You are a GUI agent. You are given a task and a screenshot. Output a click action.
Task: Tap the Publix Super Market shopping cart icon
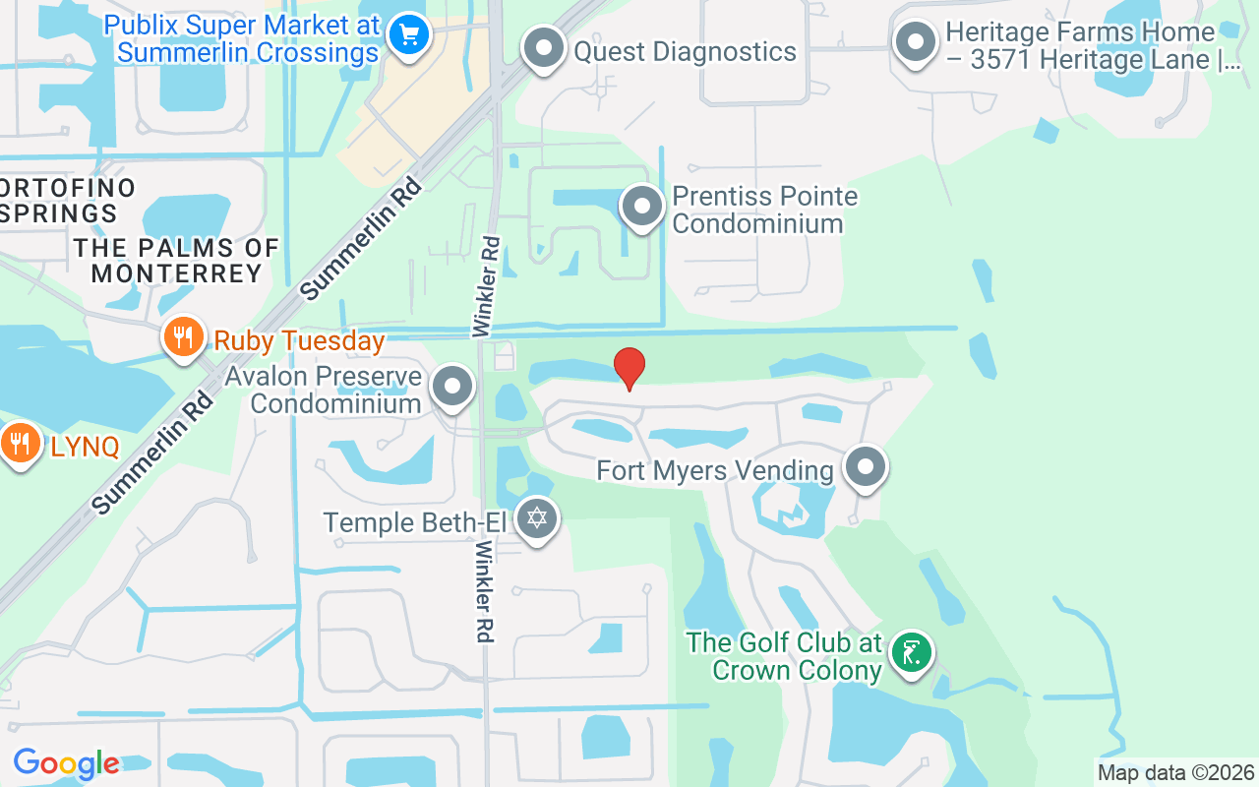tap(407, 36)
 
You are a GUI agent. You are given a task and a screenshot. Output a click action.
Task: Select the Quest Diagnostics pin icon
tap(543, 47)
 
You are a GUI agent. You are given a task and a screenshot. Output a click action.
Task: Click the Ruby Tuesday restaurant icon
tap(182, 337)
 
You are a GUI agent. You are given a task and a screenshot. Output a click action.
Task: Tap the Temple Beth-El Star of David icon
tap(536, 517)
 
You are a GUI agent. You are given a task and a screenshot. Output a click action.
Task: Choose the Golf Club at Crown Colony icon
tap(912, 652)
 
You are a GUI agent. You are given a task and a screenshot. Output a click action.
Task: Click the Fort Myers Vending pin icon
tap(866, 467)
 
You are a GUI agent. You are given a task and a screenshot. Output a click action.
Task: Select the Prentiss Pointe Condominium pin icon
tap(642, 208)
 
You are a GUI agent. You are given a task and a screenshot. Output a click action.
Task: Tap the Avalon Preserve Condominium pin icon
tap(452, 387)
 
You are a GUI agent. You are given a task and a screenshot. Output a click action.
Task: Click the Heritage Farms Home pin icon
tap(917, 43)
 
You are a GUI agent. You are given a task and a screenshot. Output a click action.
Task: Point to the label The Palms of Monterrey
tap(176, 260)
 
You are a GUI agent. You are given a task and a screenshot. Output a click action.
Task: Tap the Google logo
tap(66, 763)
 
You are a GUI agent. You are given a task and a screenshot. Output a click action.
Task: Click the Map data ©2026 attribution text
tap(1176, 773)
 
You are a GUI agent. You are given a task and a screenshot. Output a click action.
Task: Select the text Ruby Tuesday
tap(299, 341)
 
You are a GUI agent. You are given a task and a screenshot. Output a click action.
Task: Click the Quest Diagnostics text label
tap(685, 51)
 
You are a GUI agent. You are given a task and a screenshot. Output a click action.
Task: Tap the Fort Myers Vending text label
tap(715, 470)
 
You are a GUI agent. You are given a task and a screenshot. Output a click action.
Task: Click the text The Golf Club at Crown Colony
tap(784, 656)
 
